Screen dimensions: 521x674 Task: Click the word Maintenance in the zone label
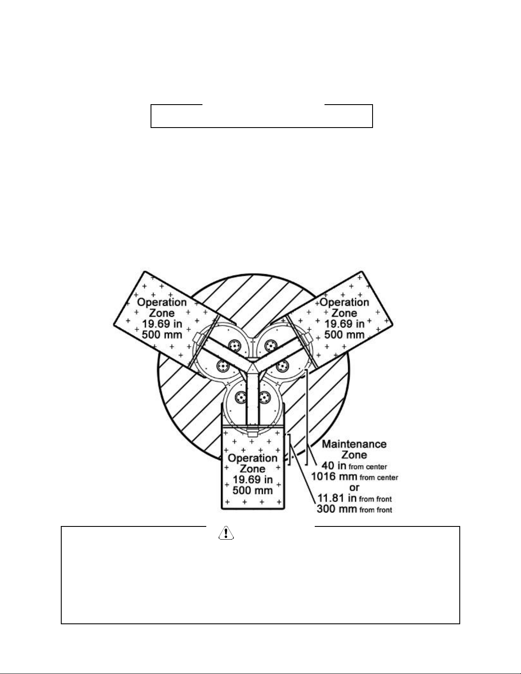tap(354, 444)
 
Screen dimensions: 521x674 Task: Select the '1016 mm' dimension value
tap(334, 477)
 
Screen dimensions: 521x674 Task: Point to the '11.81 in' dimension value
tap(337, 498)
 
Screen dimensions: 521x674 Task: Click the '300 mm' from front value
tap(337, 509)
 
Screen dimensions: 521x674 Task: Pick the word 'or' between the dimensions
tap(354, 487)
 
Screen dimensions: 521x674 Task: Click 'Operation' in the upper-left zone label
tap(162, 303)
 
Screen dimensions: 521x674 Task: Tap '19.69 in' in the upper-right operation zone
tap(344, 324)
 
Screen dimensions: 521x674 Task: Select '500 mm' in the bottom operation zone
tap(253, 490)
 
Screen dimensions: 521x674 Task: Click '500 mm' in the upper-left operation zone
tap(162, 335)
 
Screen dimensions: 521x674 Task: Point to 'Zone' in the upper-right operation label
tap(344, 313)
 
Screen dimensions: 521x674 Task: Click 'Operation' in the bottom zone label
tap(253, 458)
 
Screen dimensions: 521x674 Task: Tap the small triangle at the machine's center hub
tap(252, 365)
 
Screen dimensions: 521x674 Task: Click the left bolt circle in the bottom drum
tap(240, 398)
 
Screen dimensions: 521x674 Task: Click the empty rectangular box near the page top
tap(262, 116)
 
